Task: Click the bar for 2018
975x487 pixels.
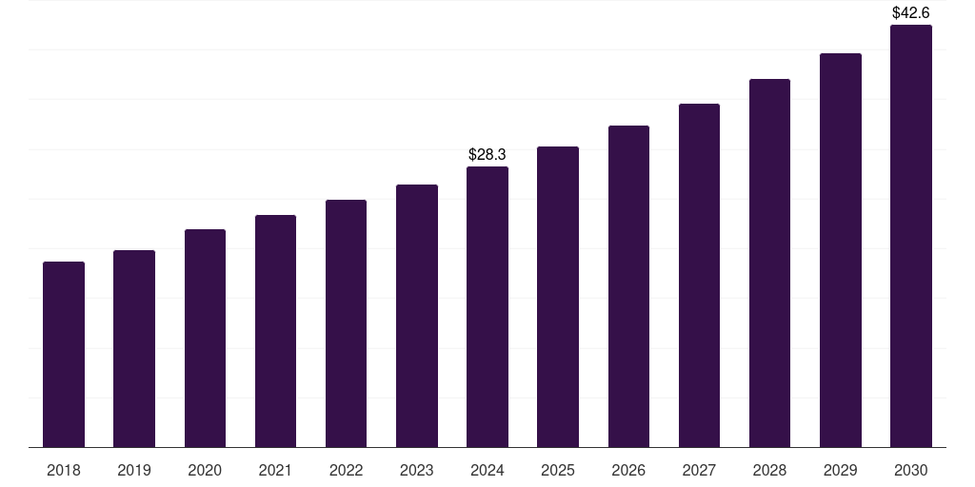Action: point(64,354)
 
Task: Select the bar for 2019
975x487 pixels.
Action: point(134,348)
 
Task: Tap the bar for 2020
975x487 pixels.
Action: point(205,338)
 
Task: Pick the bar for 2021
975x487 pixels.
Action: point(275,331)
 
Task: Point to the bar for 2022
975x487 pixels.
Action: point(346,323)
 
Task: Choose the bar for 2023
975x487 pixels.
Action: point(417,316)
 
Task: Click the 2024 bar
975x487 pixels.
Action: point(487,306)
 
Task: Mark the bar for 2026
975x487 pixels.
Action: point(628,286)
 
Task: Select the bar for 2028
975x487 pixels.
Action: point(769,263)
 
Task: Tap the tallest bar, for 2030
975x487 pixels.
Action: point(911,236)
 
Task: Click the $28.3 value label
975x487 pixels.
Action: point(487,154)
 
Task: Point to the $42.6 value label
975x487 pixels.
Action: point(911,13)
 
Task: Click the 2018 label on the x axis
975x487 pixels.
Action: point(64,471)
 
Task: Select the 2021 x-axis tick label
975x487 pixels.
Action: point(275,471)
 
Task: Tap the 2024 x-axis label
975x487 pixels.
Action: point(487,471)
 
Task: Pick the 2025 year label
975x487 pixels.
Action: point(558,471)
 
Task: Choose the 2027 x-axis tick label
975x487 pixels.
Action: point(699,471)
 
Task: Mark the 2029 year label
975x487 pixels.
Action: point(841,471)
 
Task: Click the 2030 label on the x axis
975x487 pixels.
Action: point(911,471)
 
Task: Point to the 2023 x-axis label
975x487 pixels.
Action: point(417,471)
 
